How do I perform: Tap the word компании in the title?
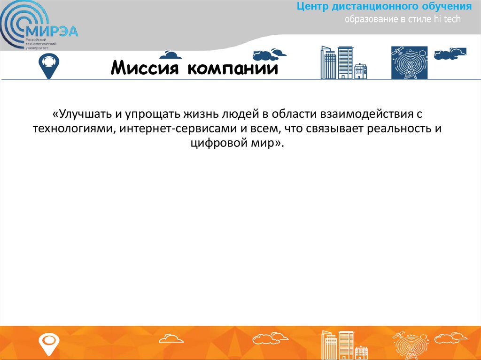pyautogui.click(x=233, y=69)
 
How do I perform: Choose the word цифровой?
pyautogui.click(x=213, y=144)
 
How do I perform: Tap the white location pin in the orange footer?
pyautogui.click(x=48, y=343)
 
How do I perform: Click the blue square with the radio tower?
pyautogui.click(x=409, y=62)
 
